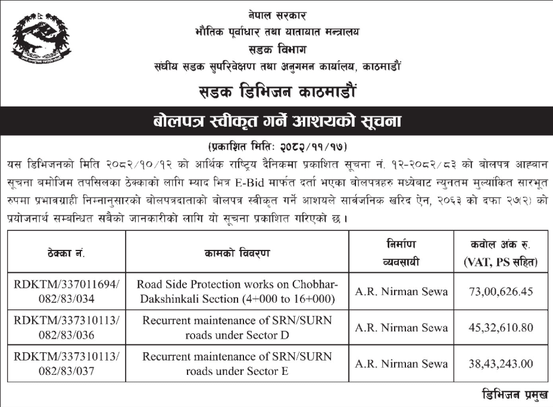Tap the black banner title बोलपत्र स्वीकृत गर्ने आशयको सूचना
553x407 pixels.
coord(276,122)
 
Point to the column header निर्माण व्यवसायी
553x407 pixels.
coord(401,253)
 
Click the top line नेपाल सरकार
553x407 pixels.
coord(276,12)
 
